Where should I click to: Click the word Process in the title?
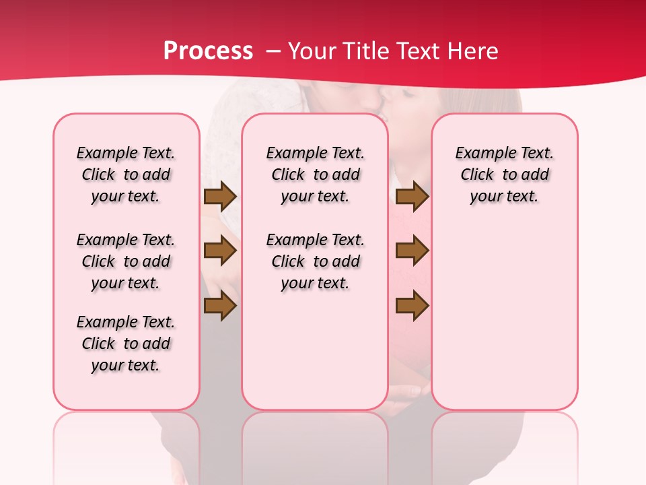tap(208, 51)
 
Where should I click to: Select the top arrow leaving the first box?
tap(220, 197)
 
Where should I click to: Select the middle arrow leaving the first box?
tap(220, 251)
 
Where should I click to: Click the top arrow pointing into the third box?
tap(412, 197)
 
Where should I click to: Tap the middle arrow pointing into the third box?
tap(412, 251)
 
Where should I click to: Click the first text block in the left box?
tap(126, 174)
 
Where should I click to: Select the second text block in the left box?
tap(126, 261)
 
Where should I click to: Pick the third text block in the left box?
tap(126, 344)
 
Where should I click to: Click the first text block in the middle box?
tap(315, 174)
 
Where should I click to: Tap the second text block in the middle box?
tap(315, 261)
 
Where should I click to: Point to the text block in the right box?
tap(505, 174)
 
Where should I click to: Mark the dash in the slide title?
tap(274, 52)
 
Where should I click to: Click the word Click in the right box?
tap(477, 175)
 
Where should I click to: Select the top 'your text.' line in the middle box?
tap(315, 197)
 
